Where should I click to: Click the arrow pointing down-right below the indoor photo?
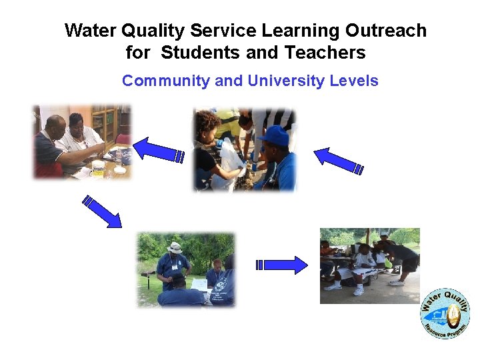pyautogui.click(x=102, y=212)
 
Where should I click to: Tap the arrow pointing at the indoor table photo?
pyautogui.click(x=159, y=150)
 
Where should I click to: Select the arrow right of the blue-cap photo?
pyautogui.click(x=339, y=161)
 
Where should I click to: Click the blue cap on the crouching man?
pyautogui.click(x=273, y=136)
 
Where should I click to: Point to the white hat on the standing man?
pyautogui.click(x=175, y=247)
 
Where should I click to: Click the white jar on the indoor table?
pyautogui.click(x=98, y=169)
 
